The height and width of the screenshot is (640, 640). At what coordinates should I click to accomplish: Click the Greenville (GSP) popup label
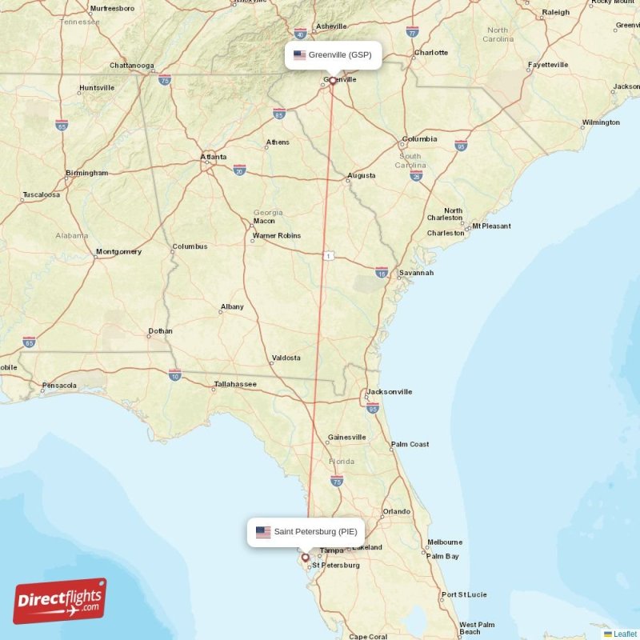tap(333, 55)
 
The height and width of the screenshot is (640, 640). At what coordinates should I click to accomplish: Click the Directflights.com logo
tap(60, 601)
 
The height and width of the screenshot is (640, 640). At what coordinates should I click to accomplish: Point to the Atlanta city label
tap(213, 157)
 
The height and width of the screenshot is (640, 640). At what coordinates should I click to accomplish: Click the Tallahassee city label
tap(235, 385)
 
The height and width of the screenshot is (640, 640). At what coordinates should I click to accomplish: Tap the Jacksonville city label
tap(390, 392)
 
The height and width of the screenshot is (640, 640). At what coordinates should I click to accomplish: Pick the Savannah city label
tap(417, 273)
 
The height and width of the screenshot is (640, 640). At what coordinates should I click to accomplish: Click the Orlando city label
tap(396, 511)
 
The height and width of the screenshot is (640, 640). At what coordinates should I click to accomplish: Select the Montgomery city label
tap(118, 252)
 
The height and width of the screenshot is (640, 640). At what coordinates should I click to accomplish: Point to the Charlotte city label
tap(431, 53)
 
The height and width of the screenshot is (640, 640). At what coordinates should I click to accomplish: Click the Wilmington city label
tap(601, 122)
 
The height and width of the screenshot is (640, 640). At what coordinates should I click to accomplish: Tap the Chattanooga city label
tap(131, 65)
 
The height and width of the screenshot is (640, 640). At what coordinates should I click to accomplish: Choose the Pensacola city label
tap(60, 386)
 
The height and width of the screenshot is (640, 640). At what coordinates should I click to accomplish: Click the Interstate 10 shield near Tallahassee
tap(174, 374)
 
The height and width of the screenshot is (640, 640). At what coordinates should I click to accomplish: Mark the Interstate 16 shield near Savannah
tap(382, 273)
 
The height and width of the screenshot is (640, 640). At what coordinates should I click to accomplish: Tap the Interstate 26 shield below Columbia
tap(416, 175)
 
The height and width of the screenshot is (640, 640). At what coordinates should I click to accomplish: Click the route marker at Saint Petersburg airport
tap(305, 557)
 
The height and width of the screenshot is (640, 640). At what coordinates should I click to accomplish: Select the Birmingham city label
tap(87, 173)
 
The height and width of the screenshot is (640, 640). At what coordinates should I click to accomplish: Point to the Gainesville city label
tap(347, 437)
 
